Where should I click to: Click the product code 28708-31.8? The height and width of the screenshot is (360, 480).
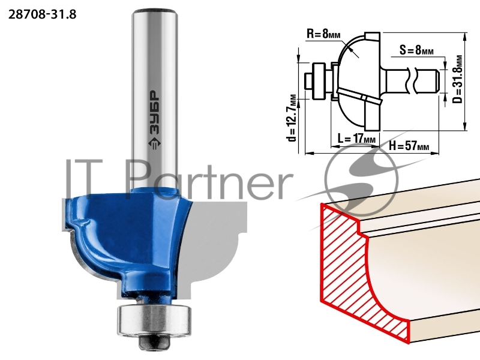[42, 14]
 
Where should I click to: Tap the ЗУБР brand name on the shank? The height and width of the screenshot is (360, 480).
[155, 112]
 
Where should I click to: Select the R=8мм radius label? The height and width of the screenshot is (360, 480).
[323, 34]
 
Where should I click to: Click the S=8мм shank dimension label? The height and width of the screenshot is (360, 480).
[416, 50]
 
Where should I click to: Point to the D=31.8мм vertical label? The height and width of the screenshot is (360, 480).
[458, 79]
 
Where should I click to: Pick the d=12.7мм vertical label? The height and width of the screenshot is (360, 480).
[292, 118]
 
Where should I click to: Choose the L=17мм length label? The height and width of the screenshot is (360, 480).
[356, 139]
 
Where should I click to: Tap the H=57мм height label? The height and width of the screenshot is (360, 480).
[409, 146]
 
